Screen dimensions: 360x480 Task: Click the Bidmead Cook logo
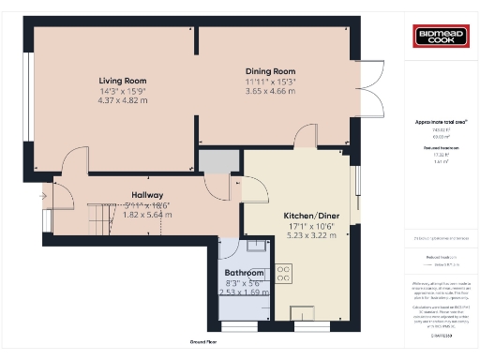[x=441, y=37]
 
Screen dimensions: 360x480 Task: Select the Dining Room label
[x=270, y=71]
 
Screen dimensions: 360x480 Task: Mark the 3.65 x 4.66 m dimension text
[x=270, y=91]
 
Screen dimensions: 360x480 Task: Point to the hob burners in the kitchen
[x=283, y=273]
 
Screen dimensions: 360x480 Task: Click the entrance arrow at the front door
[x=43, y=196]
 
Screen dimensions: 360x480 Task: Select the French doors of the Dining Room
[x=371, y=82]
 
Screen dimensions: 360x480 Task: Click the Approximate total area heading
[x=441, y=122]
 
